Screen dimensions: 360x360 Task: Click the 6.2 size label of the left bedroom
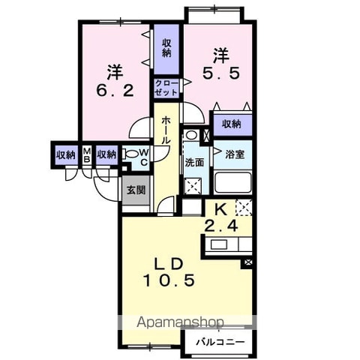point(115,91)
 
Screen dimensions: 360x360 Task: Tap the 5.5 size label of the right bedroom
point(221,73)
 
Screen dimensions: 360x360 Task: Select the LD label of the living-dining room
point(169,264)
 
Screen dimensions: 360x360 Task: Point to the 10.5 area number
point(169,280)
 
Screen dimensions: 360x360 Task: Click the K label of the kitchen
point(221,210)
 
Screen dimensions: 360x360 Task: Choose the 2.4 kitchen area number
point(221,226)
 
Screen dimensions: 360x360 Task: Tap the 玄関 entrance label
point(136,190)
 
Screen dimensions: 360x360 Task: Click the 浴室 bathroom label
point(235,154)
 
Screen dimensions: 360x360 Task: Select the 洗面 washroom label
point(194,163)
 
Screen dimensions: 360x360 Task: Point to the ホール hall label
point(166,130)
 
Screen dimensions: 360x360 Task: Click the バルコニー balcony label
point(220,342)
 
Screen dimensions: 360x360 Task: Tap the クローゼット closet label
point(166,88)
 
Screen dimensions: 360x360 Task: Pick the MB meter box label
point(87,155)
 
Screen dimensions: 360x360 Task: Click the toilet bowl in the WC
point(131,154)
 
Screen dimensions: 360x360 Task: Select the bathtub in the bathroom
point(233,183)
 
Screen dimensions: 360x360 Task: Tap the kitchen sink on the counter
point(219,244)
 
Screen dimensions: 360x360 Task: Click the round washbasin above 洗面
point(191,135)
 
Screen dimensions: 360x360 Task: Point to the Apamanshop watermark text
point(180,322)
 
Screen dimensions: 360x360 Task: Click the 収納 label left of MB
point(66,155)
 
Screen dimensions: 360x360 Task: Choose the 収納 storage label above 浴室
point(232,124)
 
